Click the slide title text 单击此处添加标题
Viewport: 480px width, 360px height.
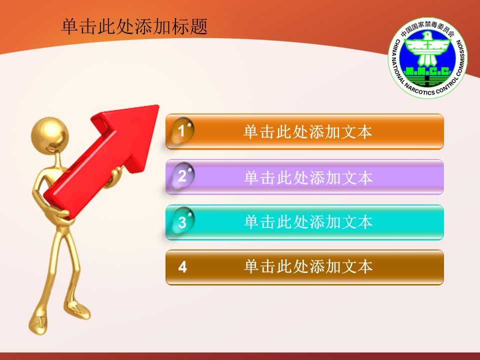pyautogui.click(x=134, y=26)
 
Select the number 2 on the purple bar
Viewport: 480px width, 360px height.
pyautogui.click(x=182, y=176)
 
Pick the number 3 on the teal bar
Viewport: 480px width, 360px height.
pyautogui.click(x=182, y=222)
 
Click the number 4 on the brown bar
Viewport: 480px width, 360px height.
pyautogui.click(x=182, y=267)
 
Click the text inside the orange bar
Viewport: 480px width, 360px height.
pyautogui.click(x=307, y=132)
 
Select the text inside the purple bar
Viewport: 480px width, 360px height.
pyautogui.click(x=308, y=177)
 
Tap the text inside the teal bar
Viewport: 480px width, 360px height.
pyautogui.click(x=308, y=222)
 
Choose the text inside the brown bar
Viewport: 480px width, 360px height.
pyautogui.click(x=308, y=266)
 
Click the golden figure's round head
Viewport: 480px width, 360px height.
pyautogui.click(x=50, y=134)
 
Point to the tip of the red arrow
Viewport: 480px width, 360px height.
pyautogui.click(x=159, y=105)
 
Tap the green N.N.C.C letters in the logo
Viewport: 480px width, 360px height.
pyautogui.click(x=427, y=71)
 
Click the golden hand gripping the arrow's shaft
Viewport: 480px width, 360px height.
pyautogui.click(x=114, y=177)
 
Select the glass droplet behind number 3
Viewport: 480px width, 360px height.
pyautogui.click(x=183, y=221)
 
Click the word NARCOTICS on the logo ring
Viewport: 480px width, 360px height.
pyautogui.click(x=419, y=88)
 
